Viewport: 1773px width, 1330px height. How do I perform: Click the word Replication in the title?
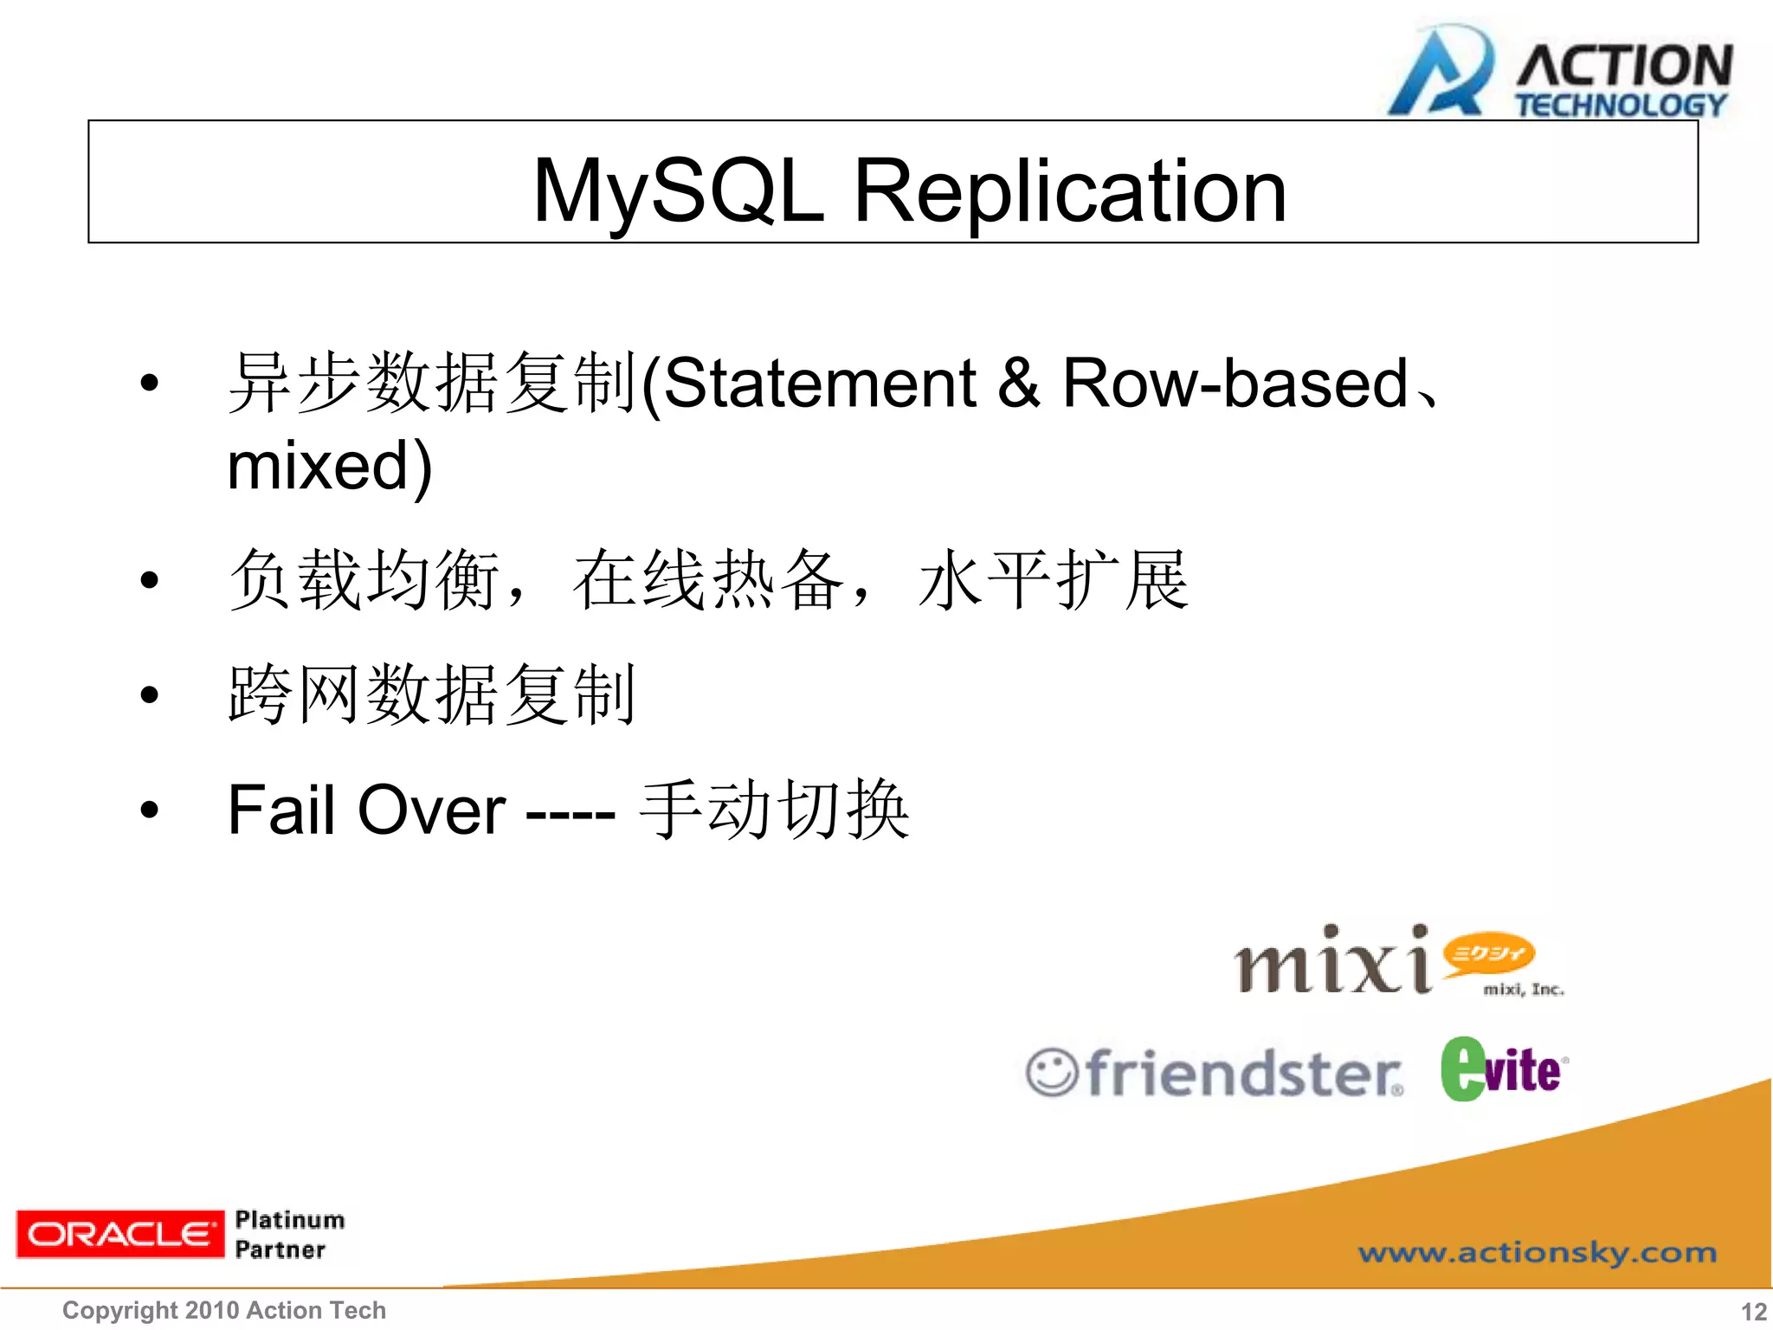1070,191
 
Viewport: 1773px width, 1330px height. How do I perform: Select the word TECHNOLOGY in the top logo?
1621,106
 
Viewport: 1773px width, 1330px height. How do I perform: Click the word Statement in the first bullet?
820,384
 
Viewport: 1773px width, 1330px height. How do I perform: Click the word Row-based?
1235,384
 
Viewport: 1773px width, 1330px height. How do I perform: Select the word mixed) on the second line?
329,467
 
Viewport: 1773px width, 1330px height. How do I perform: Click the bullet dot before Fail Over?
150,810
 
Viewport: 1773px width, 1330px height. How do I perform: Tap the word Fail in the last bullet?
280,810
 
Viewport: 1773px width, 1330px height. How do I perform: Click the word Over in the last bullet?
431,810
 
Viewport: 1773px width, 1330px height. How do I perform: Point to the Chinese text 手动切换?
774,810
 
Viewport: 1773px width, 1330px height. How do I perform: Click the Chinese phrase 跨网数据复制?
431,694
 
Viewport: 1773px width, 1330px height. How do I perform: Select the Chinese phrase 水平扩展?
1053,580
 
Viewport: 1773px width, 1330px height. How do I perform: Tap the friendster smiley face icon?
1051,1073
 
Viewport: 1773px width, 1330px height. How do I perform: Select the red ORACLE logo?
119,1234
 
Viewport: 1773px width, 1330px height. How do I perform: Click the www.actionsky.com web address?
1537,1252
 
